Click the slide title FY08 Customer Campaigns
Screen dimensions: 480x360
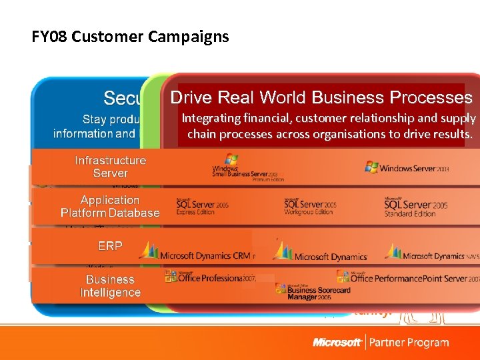click(130, 37)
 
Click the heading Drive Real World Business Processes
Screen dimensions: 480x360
click(321, 98)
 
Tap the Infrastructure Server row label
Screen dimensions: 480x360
click(110, 167)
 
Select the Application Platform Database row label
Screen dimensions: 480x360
click(110, 207)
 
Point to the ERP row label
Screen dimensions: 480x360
click(110, 246)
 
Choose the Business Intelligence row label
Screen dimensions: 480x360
click(110, 286)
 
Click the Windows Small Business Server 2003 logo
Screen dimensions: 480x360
click(247, 168)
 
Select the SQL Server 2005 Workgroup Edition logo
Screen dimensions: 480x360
click(310, 206)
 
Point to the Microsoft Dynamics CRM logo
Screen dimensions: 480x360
click(197, 253)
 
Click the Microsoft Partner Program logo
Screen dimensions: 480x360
click(381, 343)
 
